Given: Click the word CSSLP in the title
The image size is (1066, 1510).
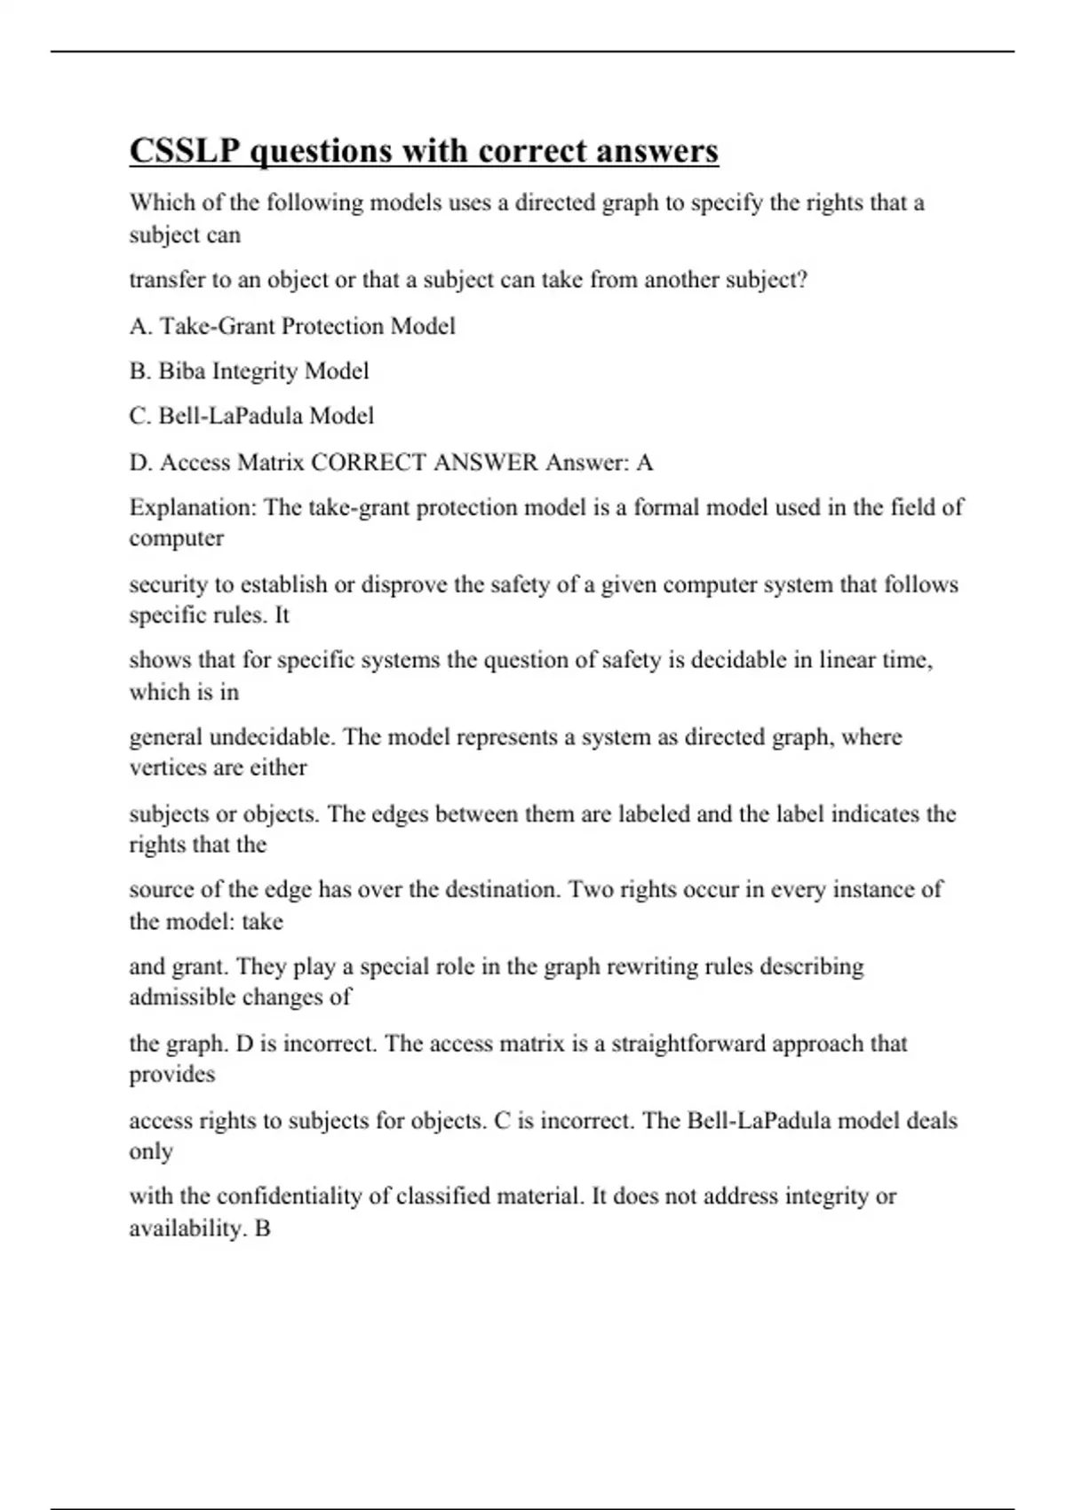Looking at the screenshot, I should click(x=185, y=151).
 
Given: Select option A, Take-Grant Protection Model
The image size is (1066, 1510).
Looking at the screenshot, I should click(x=292, y=326).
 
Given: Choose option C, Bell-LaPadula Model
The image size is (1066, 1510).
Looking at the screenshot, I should click(x=251, y=416).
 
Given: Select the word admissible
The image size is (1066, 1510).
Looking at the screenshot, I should click(x=181, y=997).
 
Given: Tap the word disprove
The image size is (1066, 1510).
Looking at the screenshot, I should click(x=403, y=584).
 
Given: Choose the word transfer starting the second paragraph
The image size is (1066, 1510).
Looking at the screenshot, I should click(x=163, y=280).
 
